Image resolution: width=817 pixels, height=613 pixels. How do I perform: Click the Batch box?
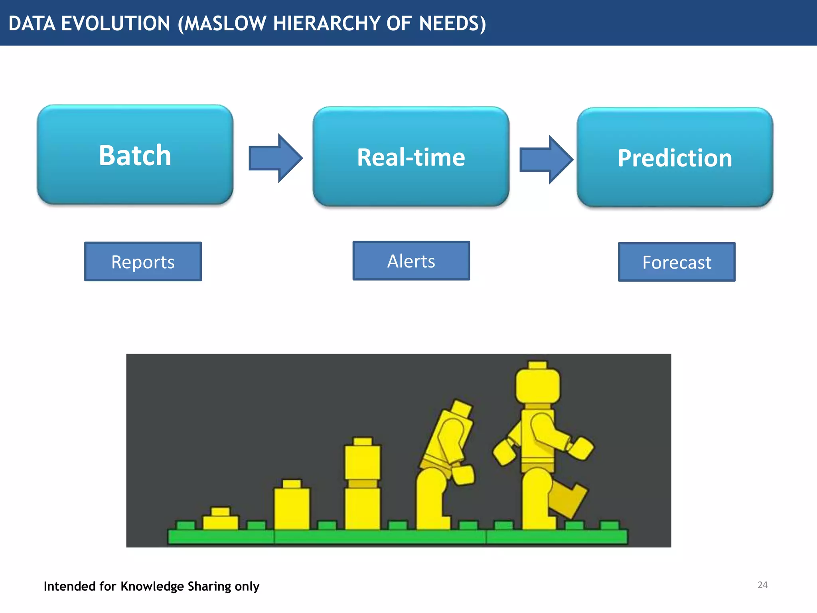[135, 155]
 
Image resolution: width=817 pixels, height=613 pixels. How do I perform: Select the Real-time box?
[411, 156]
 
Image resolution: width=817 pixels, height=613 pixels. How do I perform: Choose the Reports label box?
[143, 261]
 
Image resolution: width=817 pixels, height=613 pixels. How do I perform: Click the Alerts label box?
[411, 261]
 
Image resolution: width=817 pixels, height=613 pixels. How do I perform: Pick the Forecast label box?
[677, 262]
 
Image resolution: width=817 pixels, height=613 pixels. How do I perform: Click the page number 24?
[762, 585]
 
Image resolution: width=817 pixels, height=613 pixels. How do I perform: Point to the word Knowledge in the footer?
[152, 586]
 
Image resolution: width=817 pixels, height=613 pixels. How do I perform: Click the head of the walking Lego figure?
[537, 385]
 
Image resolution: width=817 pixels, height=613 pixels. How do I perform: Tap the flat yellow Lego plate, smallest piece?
[220, 520]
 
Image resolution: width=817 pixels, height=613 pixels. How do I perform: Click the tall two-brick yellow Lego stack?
[362, 485]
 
